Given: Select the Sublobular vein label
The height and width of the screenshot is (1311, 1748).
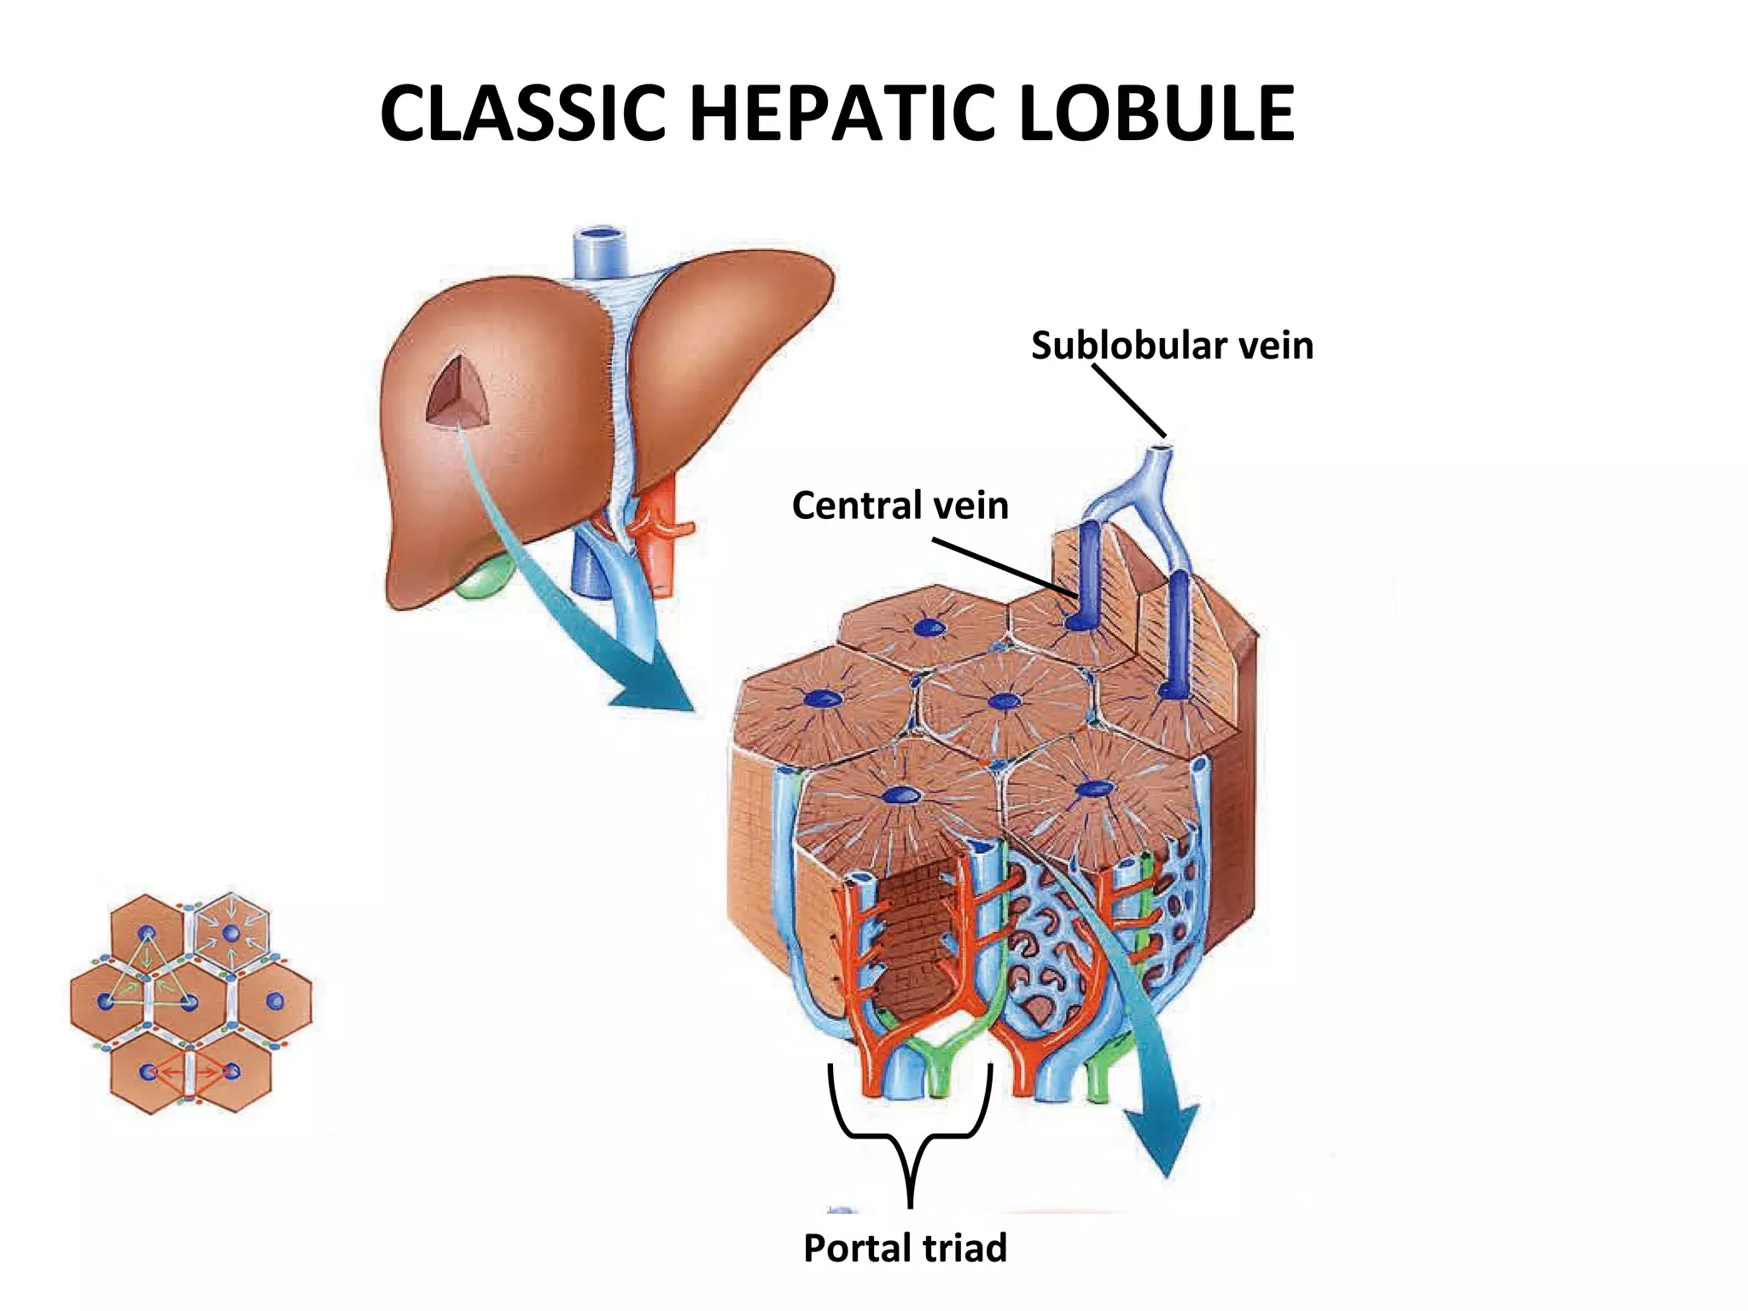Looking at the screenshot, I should (x=1172, y=346).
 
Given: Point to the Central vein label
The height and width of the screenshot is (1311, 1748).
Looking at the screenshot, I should (x=900, y=505).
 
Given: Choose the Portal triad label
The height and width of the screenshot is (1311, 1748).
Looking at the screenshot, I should (x=905, y=1248).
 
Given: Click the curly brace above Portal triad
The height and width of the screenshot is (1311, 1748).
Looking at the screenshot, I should (x=910, y=1135).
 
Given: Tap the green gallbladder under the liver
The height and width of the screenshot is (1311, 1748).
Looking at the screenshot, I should (x=483, y=580).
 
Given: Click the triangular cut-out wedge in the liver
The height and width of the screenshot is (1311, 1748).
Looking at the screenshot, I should (x=460, y=393).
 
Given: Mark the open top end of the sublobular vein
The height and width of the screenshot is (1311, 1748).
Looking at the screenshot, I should (x=1159, y=446).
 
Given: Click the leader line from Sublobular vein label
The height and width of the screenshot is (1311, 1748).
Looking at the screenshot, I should (x=1128, y=401).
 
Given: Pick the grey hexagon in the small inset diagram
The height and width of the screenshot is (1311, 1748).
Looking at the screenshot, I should (x=231, y=932).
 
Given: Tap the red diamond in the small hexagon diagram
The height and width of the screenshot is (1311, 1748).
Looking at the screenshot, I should (x=189, y=1071).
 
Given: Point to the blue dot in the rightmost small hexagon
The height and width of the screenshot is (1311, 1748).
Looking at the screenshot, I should (x=275, y=1000).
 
